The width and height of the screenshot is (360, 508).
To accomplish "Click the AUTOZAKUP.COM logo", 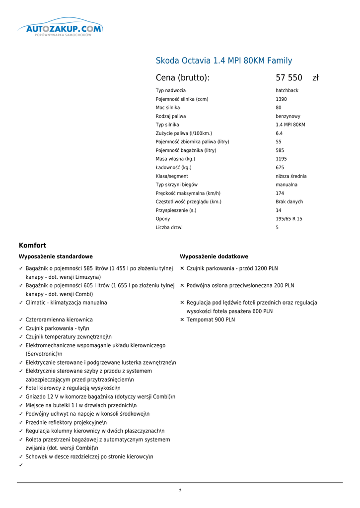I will click(x=60, y=29).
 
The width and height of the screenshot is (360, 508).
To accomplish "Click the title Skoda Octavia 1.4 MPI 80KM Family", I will click(x=224, y=61).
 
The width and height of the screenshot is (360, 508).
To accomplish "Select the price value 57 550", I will click(x=289, y=78).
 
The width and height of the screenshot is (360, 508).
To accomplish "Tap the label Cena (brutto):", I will click(x=183, y=78).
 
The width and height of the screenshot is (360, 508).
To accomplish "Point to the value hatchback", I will click(x=287, y=91).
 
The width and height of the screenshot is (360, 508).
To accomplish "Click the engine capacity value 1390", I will click(x=281, y=99).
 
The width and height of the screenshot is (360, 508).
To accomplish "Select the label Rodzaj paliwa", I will click(x=171, y=117).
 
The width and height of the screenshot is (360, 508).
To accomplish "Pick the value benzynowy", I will click(x=288, y=117).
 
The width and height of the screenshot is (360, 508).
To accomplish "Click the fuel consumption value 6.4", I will click(x=280, y=133).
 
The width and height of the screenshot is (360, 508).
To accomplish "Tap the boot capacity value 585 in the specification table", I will click(x=280, y=151).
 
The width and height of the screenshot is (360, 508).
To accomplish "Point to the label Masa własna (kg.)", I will click(x=175, y=159).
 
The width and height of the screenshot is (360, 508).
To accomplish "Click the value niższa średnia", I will click(x=291, y=177).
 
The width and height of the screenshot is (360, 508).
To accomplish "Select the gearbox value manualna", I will click(x=287, y=185).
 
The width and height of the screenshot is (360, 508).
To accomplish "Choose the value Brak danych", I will click(x=289, y=202).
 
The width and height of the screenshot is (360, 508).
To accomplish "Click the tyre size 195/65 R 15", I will click(x=289, y=219).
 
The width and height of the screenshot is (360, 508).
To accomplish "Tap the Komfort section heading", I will click(x=32, y=246).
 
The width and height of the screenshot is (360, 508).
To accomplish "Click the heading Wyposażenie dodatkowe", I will click(x=214, y=257).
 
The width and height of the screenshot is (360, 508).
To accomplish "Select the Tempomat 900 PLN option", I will click(x=211, y=320).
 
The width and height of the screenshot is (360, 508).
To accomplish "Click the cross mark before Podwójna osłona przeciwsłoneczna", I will click(x=182, y=286).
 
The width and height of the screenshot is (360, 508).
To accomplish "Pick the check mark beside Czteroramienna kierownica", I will click(x=21, y=320).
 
